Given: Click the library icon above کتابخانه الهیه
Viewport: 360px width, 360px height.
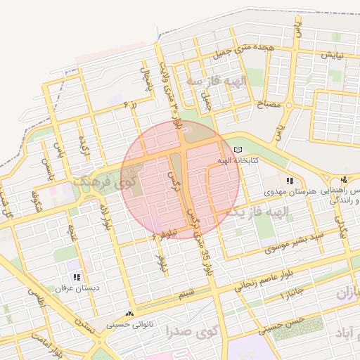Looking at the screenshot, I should click(x=237, y=150).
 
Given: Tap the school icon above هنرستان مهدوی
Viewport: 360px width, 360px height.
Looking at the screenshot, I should click(x=290, y=181).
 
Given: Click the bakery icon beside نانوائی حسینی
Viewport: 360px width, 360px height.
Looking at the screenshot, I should click(x=129, y=314).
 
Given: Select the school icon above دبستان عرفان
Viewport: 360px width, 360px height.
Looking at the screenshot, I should click(x=76, y=278).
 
